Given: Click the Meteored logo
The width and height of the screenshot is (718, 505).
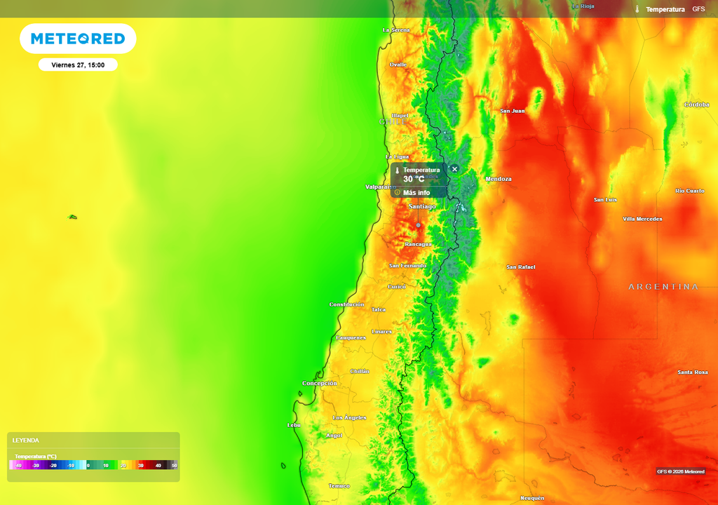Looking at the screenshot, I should tap(78, 39).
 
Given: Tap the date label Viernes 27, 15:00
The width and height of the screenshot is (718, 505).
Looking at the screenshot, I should tap(78, 65).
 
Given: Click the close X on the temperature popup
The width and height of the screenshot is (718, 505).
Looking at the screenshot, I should tap(454, 169).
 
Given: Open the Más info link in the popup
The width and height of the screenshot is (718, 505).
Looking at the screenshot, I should tap(416, 192).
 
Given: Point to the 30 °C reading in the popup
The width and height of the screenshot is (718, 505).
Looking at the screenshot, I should tap(414, 180).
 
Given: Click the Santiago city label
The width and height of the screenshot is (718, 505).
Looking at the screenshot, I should tap(422, 207).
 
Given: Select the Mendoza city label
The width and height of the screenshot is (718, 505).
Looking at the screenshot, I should tap(499, 179).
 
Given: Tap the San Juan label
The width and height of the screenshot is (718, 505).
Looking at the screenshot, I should tap(513, 111).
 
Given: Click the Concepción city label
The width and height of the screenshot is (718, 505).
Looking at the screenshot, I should tap(320, 384).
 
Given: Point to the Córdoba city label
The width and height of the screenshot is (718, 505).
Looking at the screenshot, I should tap(697, 105).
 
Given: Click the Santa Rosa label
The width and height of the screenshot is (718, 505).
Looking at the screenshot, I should tap(693, 372).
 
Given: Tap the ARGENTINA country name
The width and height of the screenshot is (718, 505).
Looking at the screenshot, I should tap(663, 287).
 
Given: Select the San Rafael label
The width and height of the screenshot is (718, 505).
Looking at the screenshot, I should tap(521, 267).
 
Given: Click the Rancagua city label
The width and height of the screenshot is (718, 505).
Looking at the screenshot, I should tap(419, 244).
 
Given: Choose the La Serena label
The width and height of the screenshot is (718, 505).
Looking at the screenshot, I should tap(396, 30).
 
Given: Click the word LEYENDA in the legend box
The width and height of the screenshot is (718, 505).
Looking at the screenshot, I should tap(26, 440).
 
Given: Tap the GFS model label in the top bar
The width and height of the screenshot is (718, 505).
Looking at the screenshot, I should tap(698, 9).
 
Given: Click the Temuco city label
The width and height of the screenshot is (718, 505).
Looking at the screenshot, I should tap(339, 486).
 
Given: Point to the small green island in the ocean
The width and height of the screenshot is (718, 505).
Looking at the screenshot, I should tap(72, 217).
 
